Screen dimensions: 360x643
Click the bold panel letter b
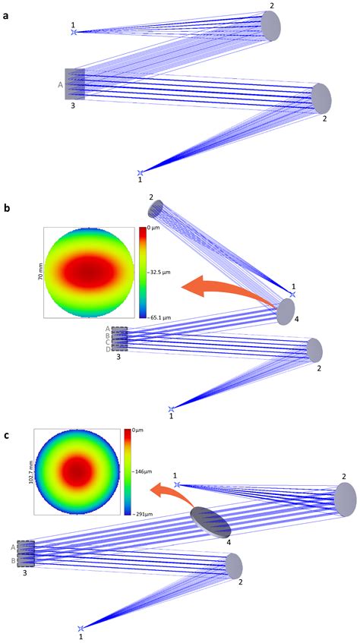[x=6, y=207]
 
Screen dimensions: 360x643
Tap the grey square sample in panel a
[x=75, y=84]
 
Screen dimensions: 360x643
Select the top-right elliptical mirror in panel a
[x=270, y=26]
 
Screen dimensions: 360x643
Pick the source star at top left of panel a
[x=74, y=32]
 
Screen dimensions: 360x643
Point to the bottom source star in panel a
[x=141, y=173]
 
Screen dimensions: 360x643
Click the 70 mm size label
[x=40, y=273]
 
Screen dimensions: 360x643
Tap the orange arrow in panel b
[x=228, y=292]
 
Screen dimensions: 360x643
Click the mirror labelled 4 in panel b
[x=286, y=312]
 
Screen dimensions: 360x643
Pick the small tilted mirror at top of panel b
[x=156, y=210]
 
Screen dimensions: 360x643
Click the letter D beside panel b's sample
[x=108, y=349]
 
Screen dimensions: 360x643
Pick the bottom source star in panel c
[x=81, y=629]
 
